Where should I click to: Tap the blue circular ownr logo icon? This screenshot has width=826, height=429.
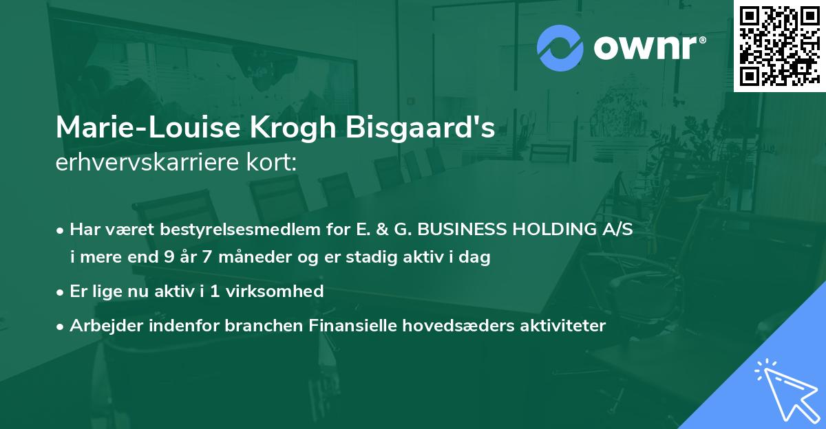click(560, 47)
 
